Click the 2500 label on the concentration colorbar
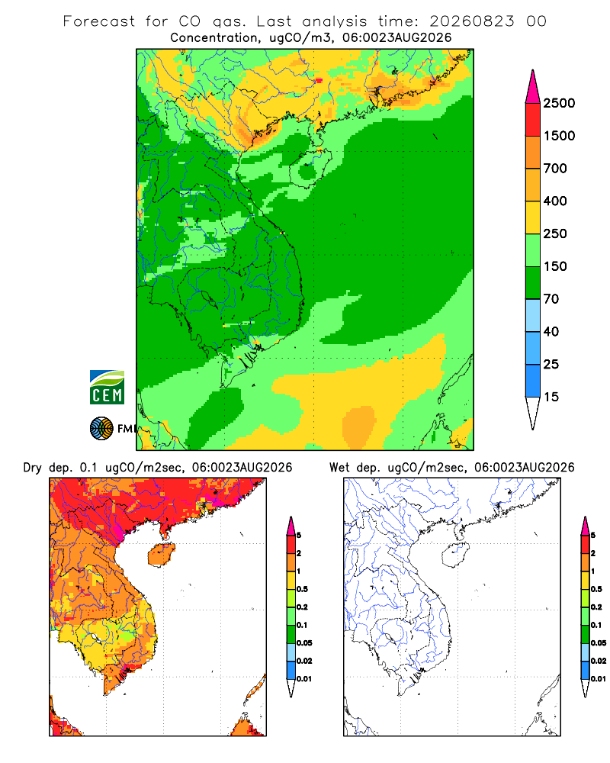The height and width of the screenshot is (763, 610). point(559,103)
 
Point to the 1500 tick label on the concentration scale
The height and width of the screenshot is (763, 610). point(559,136)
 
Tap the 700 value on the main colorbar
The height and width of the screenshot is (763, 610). point(555,169)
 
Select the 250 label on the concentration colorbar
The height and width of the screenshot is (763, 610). point(555,233)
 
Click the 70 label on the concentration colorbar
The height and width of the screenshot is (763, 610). point(551,299)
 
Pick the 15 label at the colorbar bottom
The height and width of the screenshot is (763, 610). point(551,397)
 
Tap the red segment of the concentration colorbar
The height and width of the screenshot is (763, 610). point(533,120)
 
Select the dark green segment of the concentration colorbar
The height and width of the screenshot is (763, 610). point(533,283)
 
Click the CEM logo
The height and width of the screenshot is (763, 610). point(107,388)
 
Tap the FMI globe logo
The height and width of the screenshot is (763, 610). point(101,429)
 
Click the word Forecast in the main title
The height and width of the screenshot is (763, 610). point(99,21)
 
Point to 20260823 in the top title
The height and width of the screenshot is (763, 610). point(471,21)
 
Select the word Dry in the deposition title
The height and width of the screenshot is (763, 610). point(33,468)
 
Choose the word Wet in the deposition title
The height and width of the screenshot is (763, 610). point(339,468)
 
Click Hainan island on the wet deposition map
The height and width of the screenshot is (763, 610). point(455,555)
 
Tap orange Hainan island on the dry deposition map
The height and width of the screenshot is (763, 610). point(161,555)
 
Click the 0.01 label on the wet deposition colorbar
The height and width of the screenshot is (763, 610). point(599,679)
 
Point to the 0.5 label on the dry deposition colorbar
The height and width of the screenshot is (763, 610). point(302,589)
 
